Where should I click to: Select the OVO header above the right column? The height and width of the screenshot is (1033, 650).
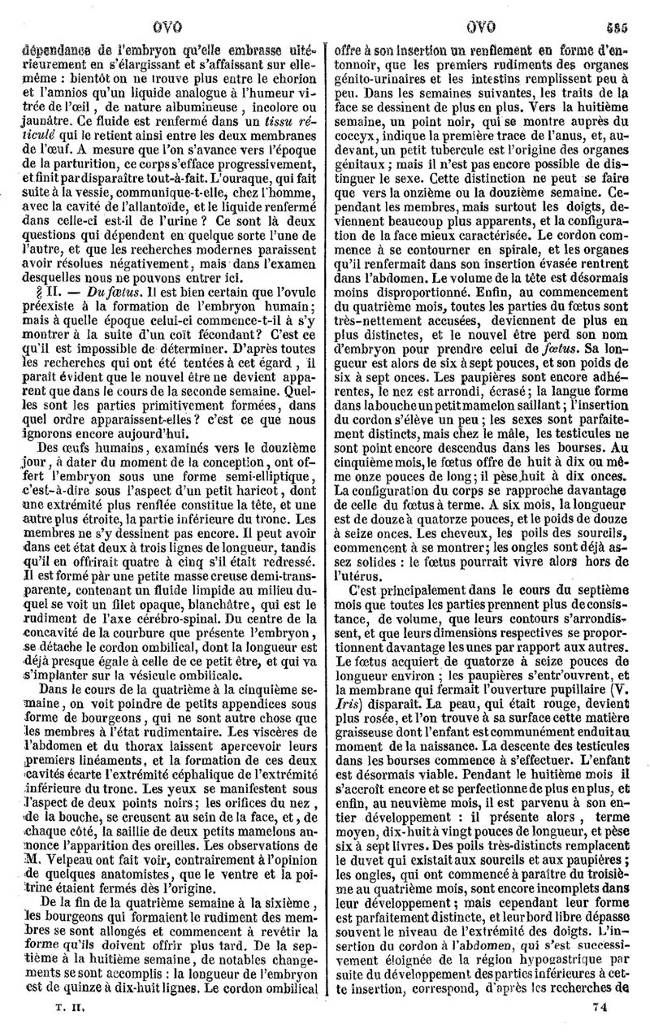pos(484,16)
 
